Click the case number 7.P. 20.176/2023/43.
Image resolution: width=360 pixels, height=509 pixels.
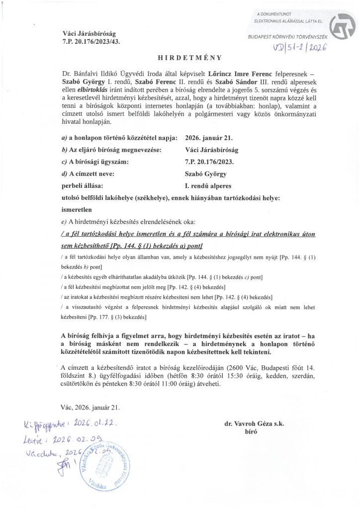click(88, 41)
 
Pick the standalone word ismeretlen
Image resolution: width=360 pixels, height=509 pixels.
click(75, 209)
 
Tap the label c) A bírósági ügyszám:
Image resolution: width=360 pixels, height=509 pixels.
click(94, 162)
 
